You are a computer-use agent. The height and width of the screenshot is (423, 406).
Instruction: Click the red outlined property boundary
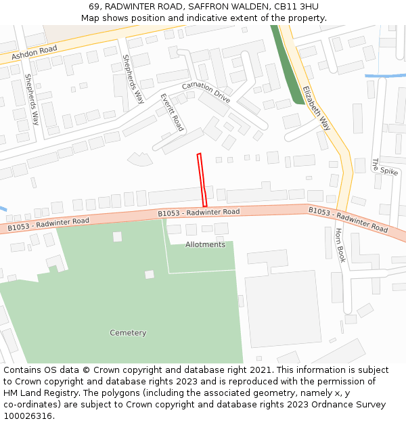click(x=201, y=180)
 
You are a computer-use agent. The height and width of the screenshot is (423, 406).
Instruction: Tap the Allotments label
click(x=205, y=244)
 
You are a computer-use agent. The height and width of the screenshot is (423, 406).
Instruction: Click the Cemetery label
click(x=128, y=332)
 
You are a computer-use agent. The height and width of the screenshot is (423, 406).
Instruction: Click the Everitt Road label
click(x=172, y=112)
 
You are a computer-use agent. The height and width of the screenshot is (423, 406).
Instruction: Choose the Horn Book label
click(x=340, y=245)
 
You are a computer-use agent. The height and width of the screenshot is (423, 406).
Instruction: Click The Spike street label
click(x=385, y=166)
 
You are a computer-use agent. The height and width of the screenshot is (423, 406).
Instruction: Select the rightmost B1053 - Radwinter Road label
click(x=348, y=219)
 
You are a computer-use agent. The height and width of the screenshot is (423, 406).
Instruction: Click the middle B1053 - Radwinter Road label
click(x=199, y=213)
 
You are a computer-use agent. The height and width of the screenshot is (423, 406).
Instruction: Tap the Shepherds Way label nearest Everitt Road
click(x=133, y=79)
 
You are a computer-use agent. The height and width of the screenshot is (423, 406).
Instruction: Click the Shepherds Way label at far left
click(x=32, y=99)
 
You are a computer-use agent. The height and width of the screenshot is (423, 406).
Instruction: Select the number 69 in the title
click(x=94, y=6)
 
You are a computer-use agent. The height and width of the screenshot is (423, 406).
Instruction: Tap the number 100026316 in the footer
click(x=29, y=416)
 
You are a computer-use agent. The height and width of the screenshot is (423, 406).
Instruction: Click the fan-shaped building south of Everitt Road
click(x=140, y=160)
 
